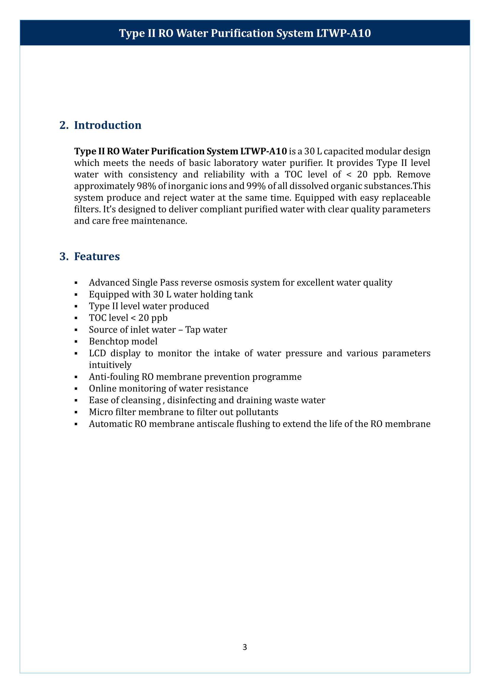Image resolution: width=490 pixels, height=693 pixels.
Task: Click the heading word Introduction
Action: (108, 125)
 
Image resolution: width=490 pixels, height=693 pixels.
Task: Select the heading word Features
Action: (97, 256)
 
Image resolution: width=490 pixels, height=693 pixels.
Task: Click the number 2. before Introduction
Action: (64, 125)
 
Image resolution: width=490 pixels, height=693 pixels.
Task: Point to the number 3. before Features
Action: (64, 256)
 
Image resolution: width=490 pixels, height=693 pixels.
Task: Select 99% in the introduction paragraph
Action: (256, 186)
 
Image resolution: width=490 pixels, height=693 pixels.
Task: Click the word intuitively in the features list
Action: (110, 365)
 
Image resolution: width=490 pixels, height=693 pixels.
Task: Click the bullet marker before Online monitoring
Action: (76, 389)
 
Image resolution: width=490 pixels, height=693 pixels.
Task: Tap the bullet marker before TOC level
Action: (76, 318)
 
